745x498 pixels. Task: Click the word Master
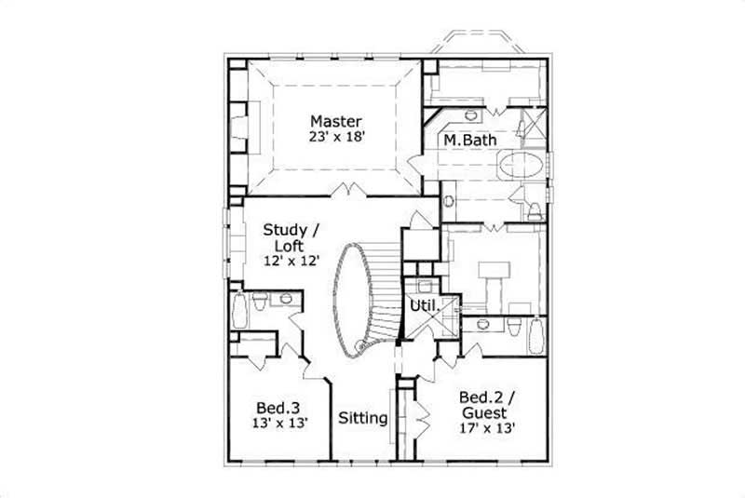click(x=336, y=121)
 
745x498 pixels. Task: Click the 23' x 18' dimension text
click(x=336, y=136)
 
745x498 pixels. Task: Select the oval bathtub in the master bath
click(x=523, y=167)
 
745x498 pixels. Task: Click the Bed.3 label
click(x=278, y=408)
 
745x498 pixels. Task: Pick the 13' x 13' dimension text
click(x=278, y=423)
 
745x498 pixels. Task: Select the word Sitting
click(x=362, y=418)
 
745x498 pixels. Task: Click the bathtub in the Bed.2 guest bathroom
click(x=535, y=334)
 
